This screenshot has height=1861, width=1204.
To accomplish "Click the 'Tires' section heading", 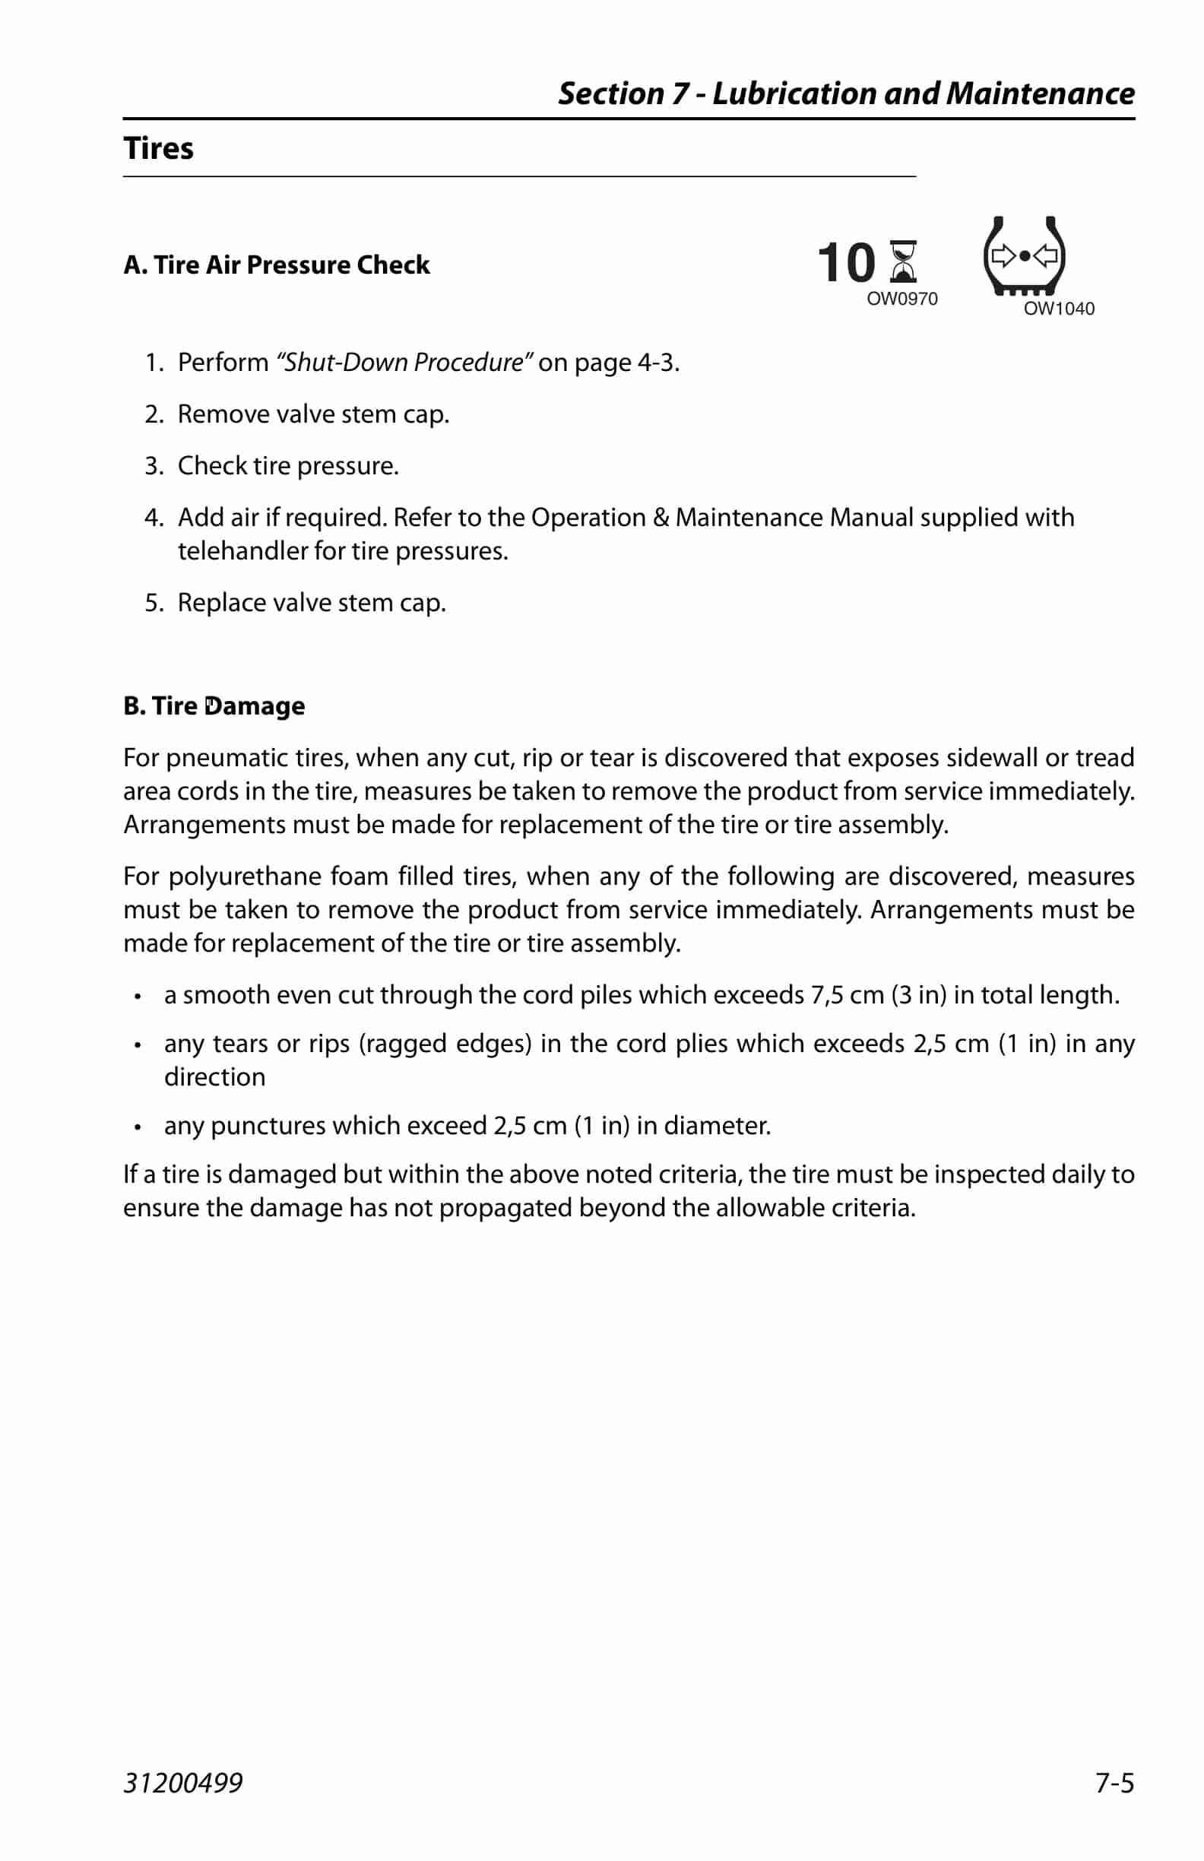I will tap(158, 148).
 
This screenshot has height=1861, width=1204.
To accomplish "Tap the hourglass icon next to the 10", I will tap(903, 262).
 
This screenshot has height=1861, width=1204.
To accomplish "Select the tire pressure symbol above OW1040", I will tap(1023, 255).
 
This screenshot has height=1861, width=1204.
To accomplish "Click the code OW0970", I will tap(901, 299).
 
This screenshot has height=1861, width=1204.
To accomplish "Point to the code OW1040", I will tap(1059, 309).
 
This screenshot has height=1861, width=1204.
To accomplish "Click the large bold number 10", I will tap(846, 263).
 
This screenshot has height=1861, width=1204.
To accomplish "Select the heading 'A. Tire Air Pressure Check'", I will tap(276, 265).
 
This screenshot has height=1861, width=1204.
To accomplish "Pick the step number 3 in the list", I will tap(154, 466).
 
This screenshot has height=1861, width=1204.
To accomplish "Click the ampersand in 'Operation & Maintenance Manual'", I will tap(661, 518).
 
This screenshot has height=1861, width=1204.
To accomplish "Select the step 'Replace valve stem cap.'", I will tap(311, 603).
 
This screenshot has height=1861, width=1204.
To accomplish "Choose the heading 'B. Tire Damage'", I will tap(214, 706).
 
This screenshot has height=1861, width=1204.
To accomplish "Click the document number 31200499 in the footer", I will tap(183, 1783).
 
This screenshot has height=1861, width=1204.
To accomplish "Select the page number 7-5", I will tap(1114, 1783).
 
